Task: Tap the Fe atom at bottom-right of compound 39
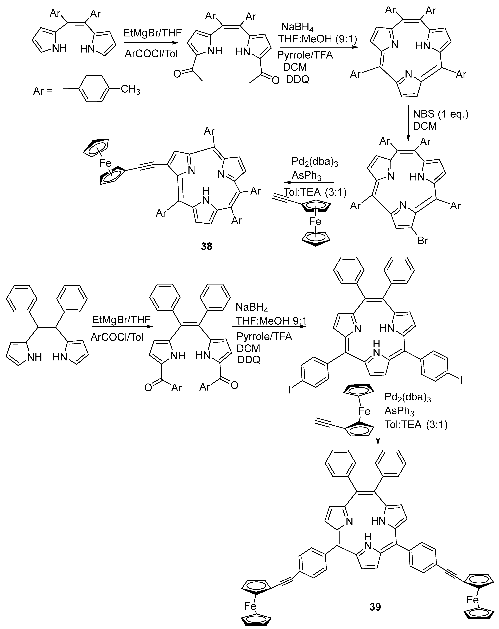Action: [472, 598]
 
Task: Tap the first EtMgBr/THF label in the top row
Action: [152, 33]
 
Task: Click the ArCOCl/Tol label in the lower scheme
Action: [117, 337]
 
